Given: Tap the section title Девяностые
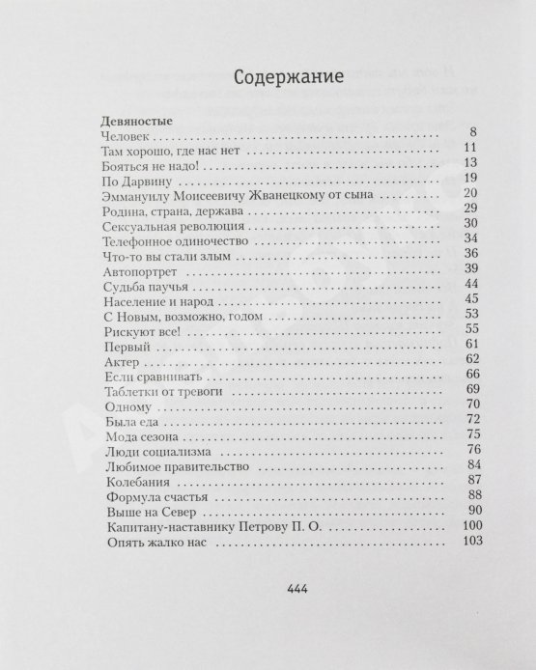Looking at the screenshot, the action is [x=136, y=124].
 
